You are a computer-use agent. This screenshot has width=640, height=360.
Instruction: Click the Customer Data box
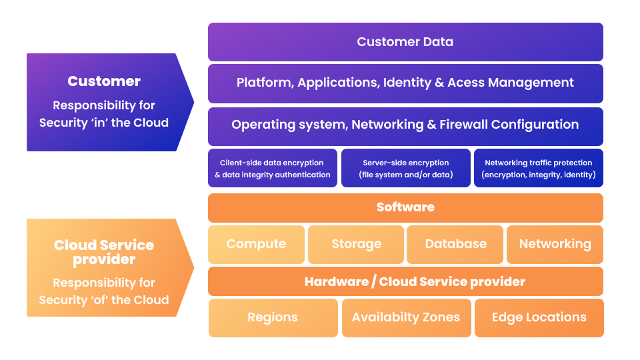405,42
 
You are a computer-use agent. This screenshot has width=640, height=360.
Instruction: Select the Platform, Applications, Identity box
405,84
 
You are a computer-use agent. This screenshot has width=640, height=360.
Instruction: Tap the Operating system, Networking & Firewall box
405,127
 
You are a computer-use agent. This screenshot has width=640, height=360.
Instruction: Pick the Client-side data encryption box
273,168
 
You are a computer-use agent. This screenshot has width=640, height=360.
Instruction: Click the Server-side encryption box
406,168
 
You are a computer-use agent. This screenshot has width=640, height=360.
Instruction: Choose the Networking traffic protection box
539,168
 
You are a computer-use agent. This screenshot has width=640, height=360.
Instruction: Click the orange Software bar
405,208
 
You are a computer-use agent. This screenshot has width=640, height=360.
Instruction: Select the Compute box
256,245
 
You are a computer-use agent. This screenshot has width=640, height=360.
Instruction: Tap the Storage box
356,245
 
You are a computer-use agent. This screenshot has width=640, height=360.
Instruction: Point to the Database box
455,245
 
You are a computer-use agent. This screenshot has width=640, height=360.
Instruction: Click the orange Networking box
555,245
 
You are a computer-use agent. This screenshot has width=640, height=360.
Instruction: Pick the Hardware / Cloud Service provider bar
405,281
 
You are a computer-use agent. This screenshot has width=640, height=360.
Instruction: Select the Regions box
273,318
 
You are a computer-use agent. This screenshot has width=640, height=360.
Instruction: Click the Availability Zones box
407,318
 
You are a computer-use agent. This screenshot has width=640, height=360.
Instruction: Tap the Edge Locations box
539,318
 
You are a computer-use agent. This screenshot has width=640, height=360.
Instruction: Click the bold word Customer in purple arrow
104,81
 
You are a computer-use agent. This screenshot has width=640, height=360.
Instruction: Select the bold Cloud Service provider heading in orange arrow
104,252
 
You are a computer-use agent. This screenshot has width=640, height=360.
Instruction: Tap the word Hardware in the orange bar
337,281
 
